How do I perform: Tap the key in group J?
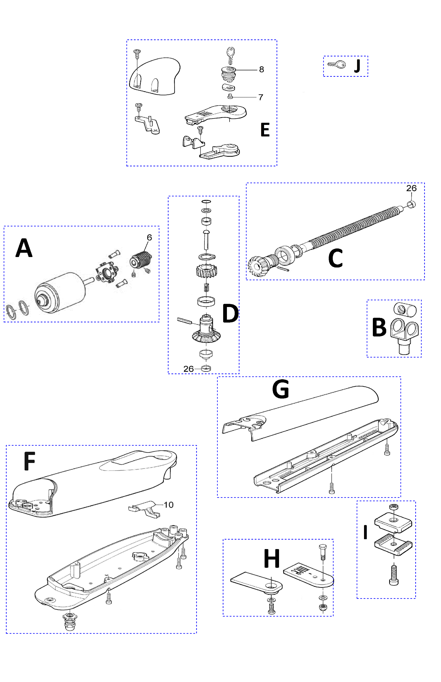pyautogui.click(x=337, y=64)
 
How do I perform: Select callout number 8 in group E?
pyautogui.click(x=261, y=69)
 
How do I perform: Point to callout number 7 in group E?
pyautogui.click(x=261, y=97)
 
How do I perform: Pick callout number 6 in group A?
pyautogui.click(x=149, y=237)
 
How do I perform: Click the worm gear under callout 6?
pyautogui.click(x=141, y=260)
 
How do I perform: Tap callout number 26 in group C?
pyautogui.click(x=411, y=188)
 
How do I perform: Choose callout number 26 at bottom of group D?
pyautogui.click(x=188, y=369)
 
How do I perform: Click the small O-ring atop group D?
pyautogui.click(x=206, y=201)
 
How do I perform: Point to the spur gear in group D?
pyautogui.click(x=206, y=271)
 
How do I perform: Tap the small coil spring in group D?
pyautogui.click(x=206, y=287)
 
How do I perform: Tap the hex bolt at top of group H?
pyautogui.click(x=322, y=551)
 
